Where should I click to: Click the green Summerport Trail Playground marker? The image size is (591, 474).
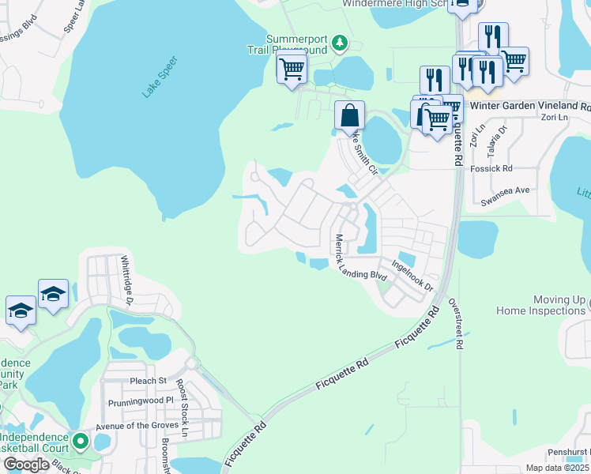340,42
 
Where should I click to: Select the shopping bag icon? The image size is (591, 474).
349,117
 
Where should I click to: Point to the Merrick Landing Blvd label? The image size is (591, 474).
359,258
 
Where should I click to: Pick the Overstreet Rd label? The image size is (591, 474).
457,324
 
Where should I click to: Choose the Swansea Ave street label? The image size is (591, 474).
505,196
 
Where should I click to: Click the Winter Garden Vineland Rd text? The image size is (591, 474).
529,105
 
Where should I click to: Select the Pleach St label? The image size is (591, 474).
148,381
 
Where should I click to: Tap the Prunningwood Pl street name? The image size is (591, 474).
136,401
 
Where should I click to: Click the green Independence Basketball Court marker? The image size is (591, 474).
79,440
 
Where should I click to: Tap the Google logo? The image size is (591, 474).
26,465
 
